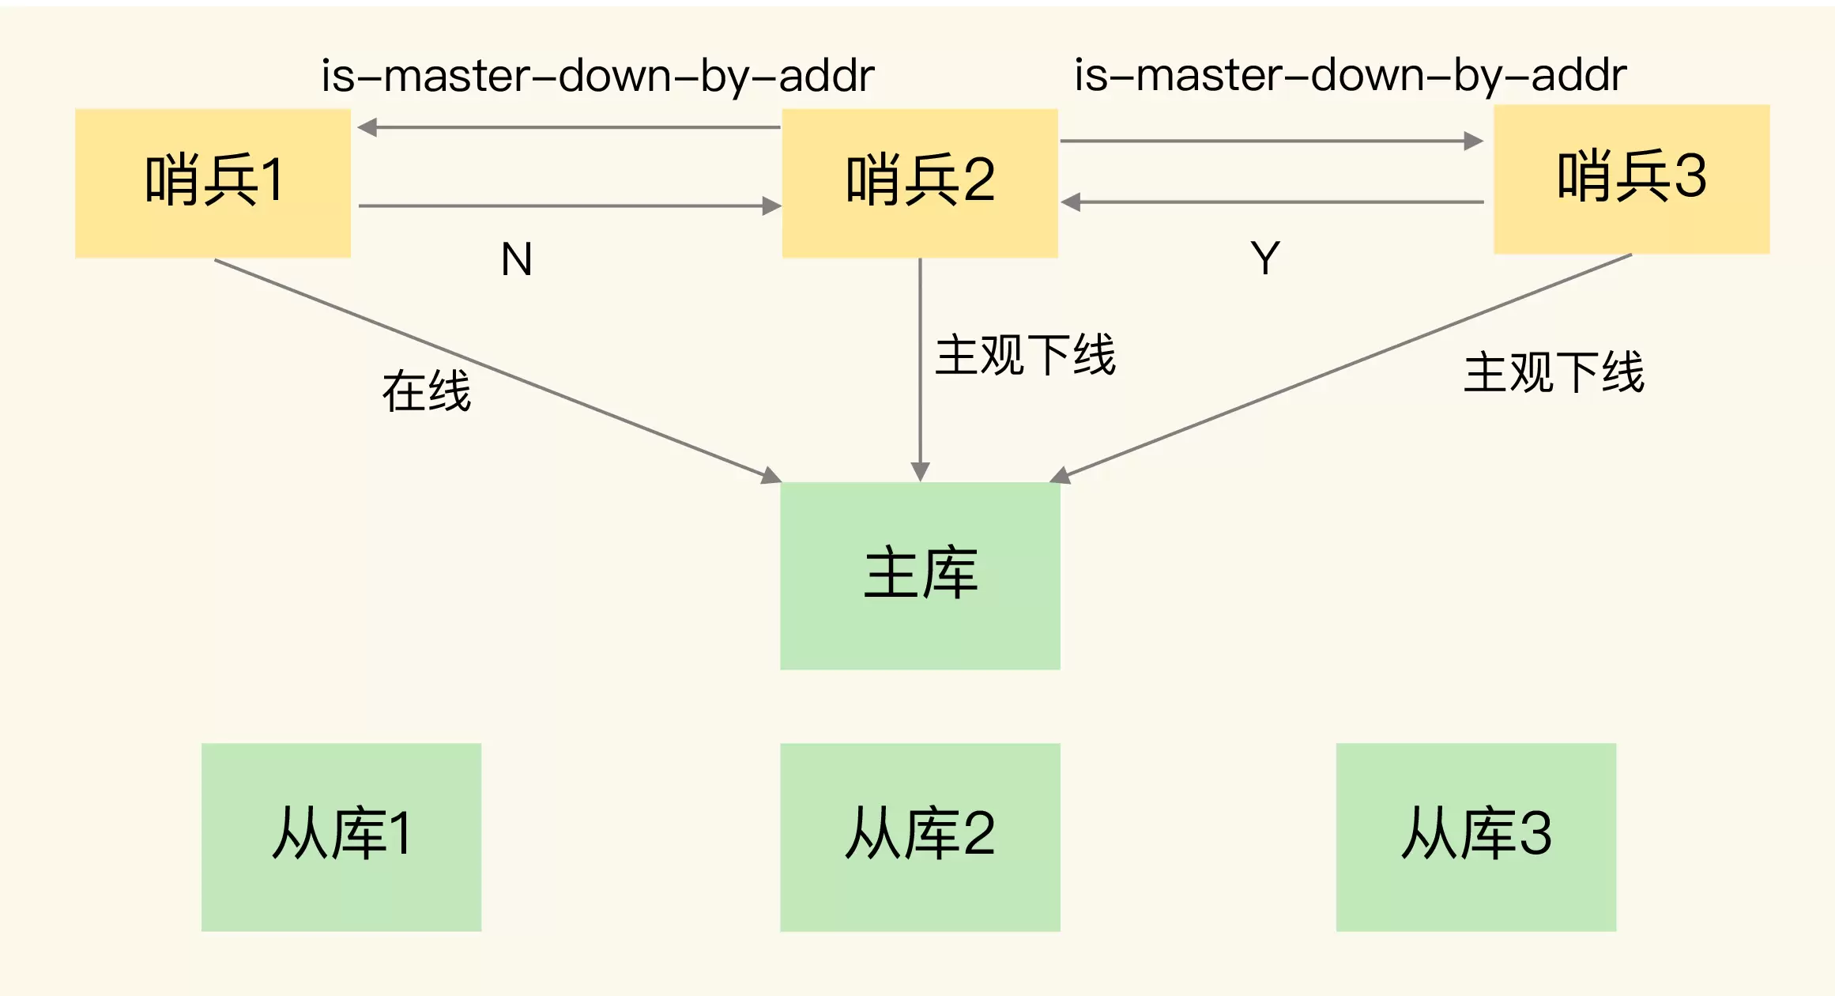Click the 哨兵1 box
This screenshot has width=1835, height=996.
coord(213,183)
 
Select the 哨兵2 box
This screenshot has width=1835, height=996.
coord(920,183)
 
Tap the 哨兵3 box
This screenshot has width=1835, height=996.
coord(1631,179)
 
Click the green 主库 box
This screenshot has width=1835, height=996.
coord(920,575)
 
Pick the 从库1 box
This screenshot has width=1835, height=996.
coord(341,836)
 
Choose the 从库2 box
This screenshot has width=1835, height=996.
coord(920,836)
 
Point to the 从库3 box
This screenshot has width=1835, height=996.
coord(1475,836)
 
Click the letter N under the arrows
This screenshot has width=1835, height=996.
coord(517,259)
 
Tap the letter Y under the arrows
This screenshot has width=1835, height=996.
coord(1265,258)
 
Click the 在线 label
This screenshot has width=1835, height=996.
coord(427,391)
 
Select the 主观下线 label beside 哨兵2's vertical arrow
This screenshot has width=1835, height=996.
coord(1025,355)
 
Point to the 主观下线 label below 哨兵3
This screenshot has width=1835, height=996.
coord(1554,372)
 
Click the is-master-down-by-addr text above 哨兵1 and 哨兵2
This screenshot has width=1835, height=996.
coord(597,77)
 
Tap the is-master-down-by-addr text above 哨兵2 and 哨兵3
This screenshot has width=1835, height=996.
coord(1350,76)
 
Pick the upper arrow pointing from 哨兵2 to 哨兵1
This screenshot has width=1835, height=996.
coord(569,127)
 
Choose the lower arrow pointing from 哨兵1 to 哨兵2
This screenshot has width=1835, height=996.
coord(569,206)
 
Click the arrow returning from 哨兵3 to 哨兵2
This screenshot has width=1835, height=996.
coord(1272,202)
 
